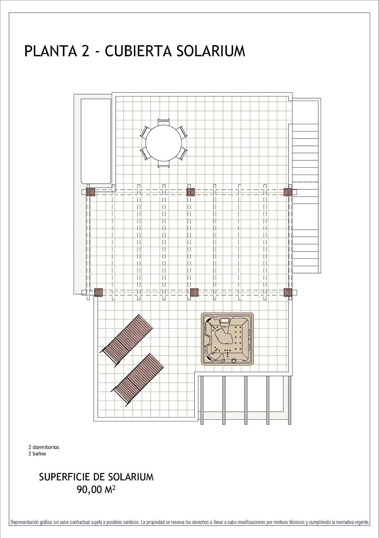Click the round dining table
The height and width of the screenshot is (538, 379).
click(163, 143)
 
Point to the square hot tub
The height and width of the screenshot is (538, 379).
click(227, 339)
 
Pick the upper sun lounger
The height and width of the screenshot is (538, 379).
click(127, 340)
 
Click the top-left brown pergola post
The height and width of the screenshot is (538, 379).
click(91, 192)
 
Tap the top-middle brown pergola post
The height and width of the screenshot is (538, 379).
click(190, 192)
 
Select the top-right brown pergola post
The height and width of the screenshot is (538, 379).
click(288, 192)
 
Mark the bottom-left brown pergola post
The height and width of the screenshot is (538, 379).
click(98, 292)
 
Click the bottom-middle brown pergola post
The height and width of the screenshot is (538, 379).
click(194, 292)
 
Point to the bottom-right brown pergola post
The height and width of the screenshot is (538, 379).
click(288, 292)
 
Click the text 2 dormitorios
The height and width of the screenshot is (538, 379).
click(44, 447)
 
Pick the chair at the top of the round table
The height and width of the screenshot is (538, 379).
click(164, 122)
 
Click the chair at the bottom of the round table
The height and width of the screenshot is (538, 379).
click(164, 164)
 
